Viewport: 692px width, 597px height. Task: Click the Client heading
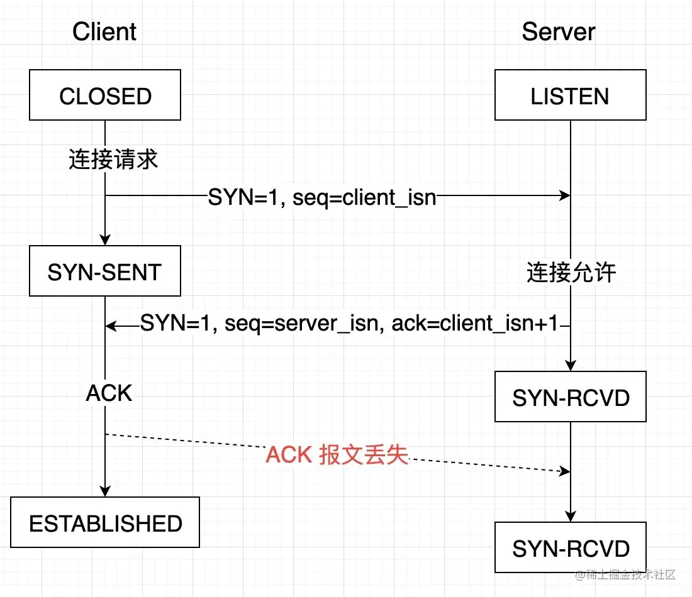(x=104, y=31)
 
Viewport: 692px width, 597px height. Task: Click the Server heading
(x=558, y=31)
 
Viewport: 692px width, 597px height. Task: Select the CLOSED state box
(x=105, y=95)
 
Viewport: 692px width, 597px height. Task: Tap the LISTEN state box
(x=570, y=95)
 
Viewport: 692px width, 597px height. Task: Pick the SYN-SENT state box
(x=105, y=271)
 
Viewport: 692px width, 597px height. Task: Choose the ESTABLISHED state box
(x=105, y=522)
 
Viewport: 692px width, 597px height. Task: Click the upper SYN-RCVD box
(x=570, y=397)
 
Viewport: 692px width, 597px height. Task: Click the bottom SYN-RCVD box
(x=570, y=547)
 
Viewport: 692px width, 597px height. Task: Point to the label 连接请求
(x=113, y=160)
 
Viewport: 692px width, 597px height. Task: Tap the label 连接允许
(x=571, y=273)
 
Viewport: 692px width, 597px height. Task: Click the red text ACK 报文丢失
(x=337, y=455)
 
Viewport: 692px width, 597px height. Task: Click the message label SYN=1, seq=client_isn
(x=322, y=197)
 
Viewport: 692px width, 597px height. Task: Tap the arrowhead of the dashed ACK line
(x=564, y=471)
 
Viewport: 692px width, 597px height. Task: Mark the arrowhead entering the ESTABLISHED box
(x=105, y=491)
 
